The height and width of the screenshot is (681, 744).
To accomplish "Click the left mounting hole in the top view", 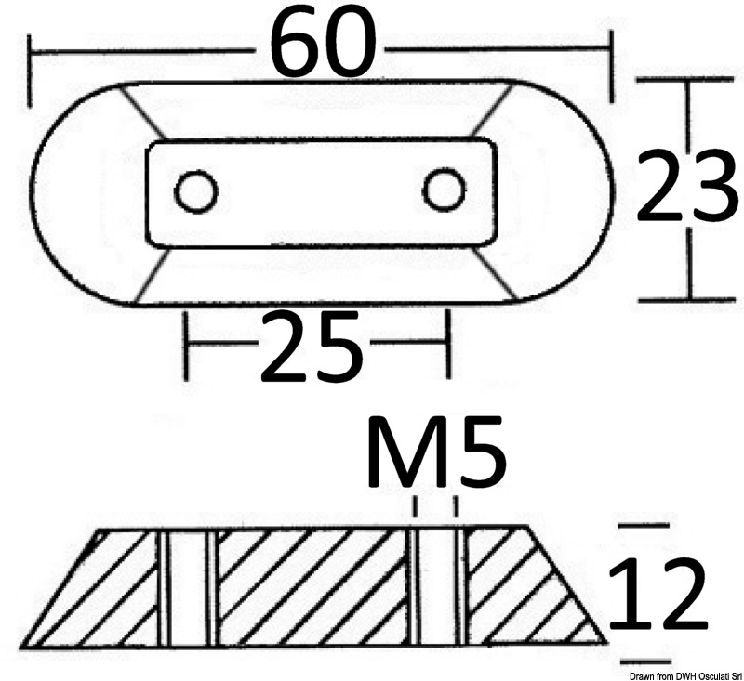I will click(197, 192).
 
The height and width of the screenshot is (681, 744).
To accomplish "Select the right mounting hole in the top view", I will click(444, 190).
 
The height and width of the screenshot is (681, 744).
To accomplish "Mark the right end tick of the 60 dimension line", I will click(611, 65).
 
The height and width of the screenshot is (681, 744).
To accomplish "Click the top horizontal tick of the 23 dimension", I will click(689, 83).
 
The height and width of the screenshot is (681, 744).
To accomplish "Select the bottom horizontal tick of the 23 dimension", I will click(689, 300).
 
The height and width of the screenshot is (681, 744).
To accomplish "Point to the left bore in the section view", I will click(188, 587).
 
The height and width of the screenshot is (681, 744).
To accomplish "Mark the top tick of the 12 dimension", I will click(643, 526).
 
